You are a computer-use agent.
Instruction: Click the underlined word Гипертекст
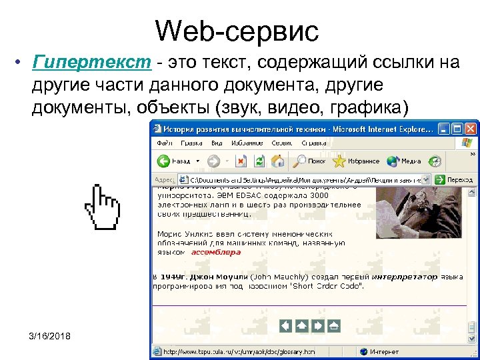[x=95, y=63]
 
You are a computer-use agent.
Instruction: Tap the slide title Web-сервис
[x=237, y=30]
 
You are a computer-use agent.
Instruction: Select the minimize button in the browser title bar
[x=441, y=129]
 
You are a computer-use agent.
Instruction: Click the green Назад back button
[x=175, y=161]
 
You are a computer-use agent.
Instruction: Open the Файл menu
[x=164, y=143]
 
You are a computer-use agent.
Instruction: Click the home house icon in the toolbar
[x=279, y=161]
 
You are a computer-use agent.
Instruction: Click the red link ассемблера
[x=216, y=253]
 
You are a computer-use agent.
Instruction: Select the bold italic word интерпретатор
[x=404, y=276]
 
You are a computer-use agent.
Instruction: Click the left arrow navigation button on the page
[x=285, y=325]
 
